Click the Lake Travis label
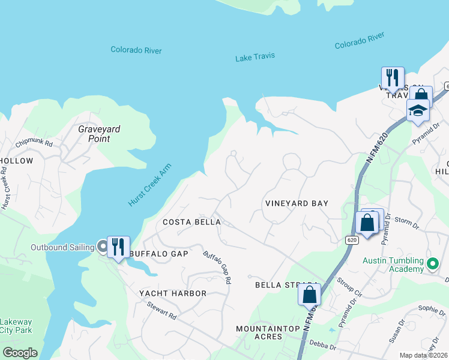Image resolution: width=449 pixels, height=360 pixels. coord(255,56)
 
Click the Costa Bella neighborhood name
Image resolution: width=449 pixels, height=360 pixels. coord(192,222)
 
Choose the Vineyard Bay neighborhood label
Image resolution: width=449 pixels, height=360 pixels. coord(297,203)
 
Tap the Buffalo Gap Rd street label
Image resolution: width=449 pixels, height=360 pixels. coord(217,267)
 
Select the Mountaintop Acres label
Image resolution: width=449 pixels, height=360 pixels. coord(259,333)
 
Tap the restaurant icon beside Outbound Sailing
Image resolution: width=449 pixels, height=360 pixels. coord(119,247)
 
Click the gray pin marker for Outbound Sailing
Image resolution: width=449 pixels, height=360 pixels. coord(103,246)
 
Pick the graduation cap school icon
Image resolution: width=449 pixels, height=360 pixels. coord(417,110)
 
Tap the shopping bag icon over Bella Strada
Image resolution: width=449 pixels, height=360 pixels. coord(309,295)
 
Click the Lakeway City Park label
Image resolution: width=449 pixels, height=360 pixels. coord(16,326)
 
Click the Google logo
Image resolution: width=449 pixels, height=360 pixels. coord(20,353)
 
